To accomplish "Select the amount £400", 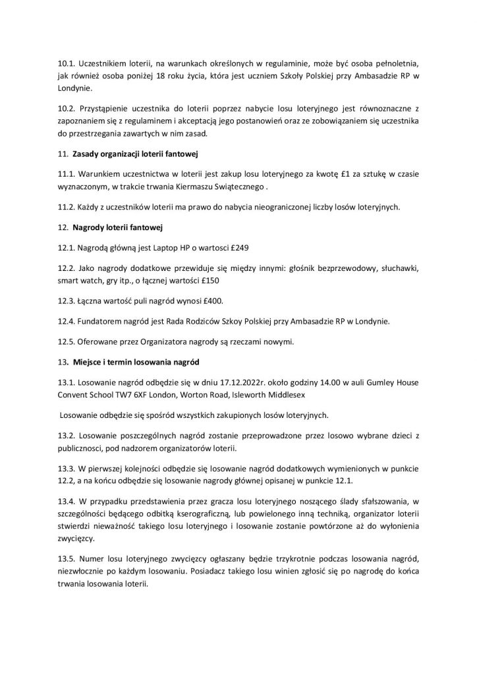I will click(x=211, y=301).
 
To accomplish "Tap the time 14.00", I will click(x=308, y=383).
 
